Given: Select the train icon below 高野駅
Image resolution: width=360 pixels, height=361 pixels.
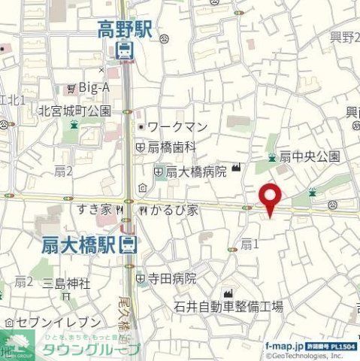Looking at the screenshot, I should pyautogui.click(x=125, y=50).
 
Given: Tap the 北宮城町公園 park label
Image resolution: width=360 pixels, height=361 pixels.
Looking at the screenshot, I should pyautogui.click(x=74, y=111).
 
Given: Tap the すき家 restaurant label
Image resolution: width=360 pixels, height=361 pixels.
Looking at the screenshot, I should pyautogui.click(x=94, y=210).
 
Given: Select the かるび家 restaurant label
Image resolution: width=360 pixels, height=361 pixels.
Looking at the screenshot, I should pyautogui.click(x=172, y=210).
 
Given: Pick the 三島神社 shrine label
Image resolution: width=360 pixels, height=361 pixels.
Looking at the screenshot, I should pyautogui.click(x=66, y=284).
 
